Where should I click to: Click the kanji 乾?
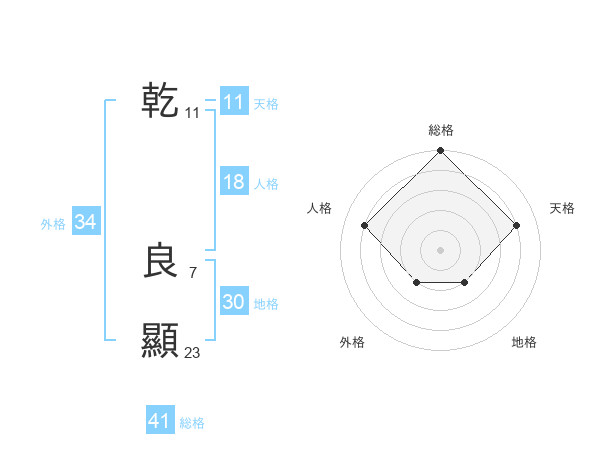click(160, 101)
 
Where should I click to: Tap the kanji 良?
click(160, 261)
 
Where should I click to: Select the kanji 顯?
click(160, 341)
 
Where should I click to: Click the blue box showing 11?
click(233, 102)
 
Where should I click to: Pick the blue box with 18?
click(233, 182)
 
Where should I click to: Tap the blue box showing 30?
click(233, 302)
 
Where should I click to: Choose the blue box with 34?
click(85, 222)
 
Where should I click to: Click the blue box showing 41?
click(160, 421)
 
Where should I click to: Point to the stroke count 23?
click(193, 352)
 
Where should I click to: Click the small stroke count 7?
click(193, 272)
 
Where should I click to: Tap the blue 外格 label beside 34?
click(53, 224)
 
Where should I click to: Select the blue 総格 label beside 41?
click(192, 423)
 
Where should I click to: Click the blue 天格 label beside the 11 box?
click(266, 104)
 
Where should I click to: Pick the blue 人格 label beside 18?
click(266, 184)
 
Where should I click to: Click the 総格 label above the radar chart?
click(440, 130)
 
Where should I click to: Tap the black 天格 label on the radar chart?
click(562, 208)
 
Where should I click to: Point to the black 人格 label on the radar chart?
click(319, 208)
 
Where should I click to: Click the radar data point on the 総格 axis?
click(440, 152)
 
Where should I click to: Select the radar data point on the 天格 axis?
click(516, 225)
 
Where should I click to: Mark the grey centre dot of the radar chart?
click(440, 249)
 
